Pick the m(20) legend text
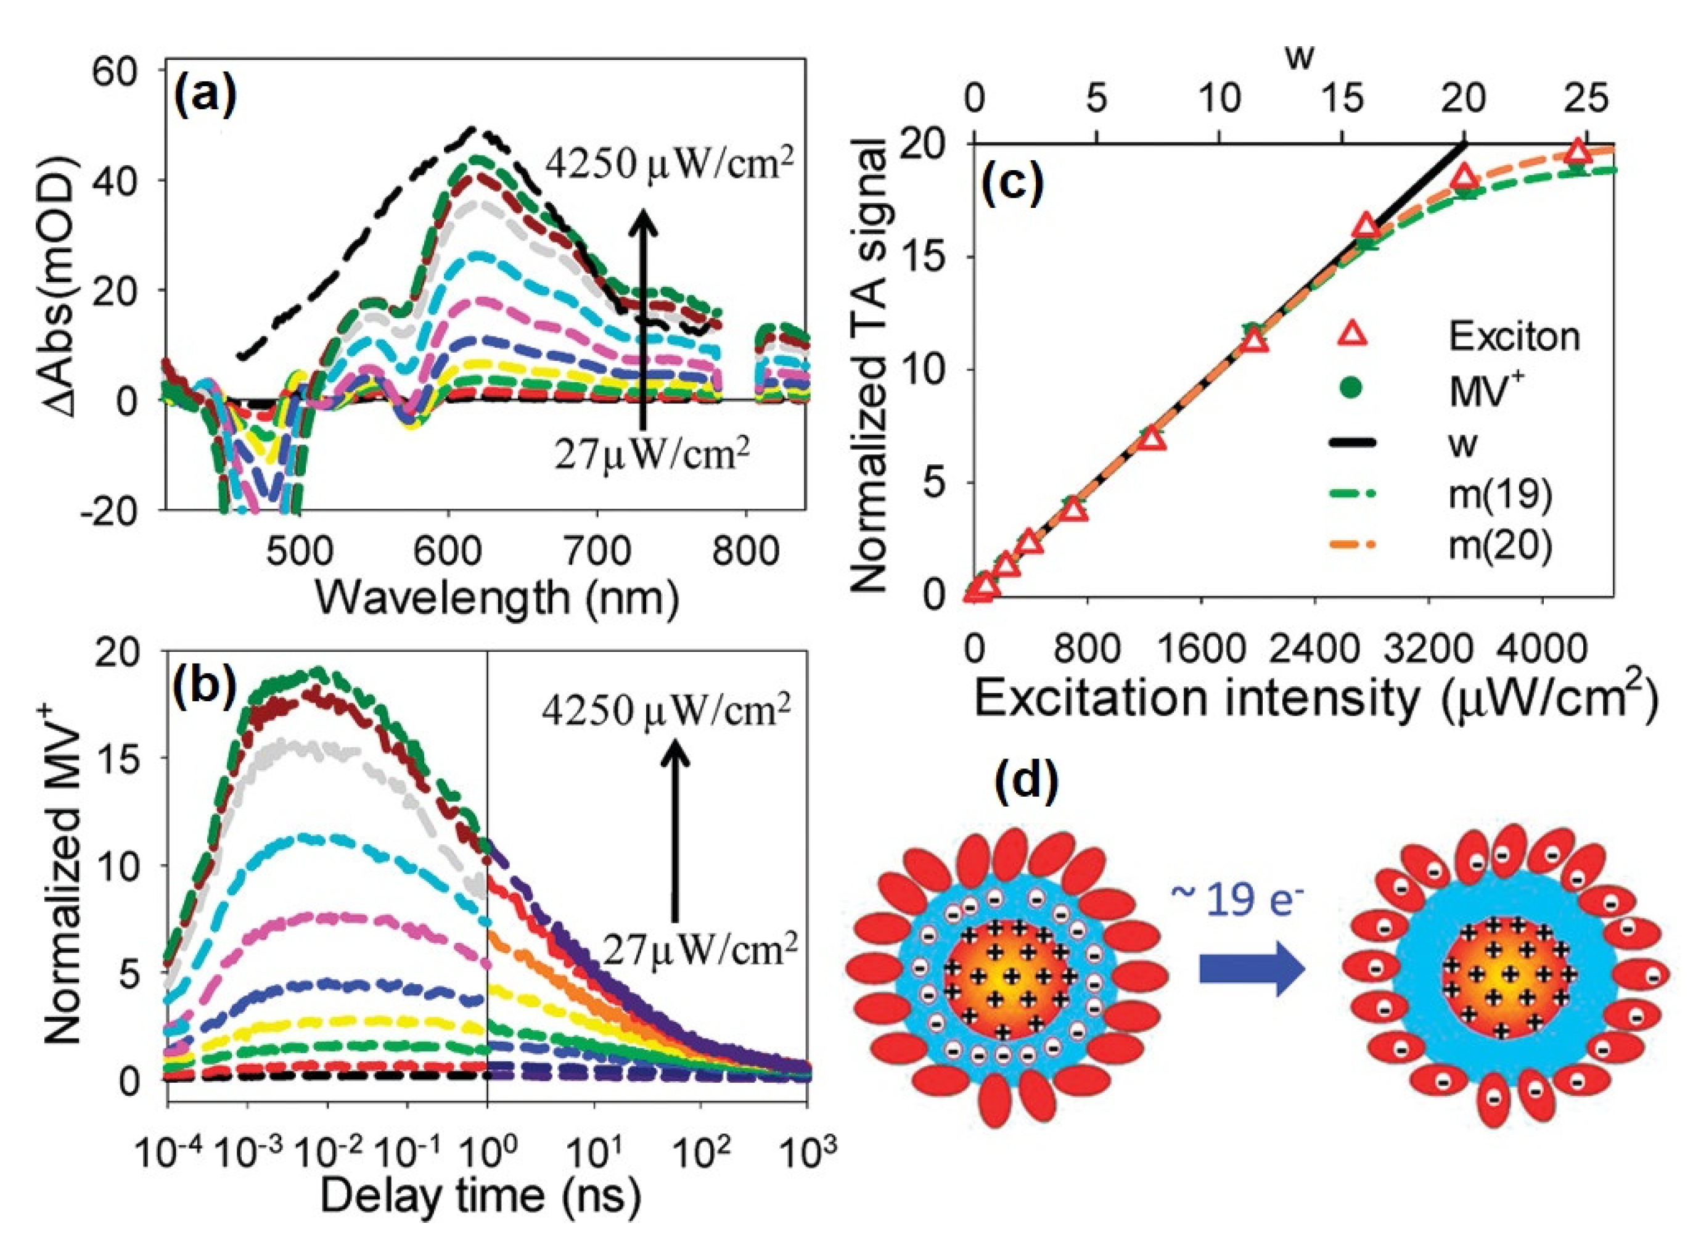(x=1500, y=546)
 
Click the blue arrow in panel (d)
(x=1252, y=969)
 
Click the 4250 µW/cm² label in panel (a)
(x=668, y=163)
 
